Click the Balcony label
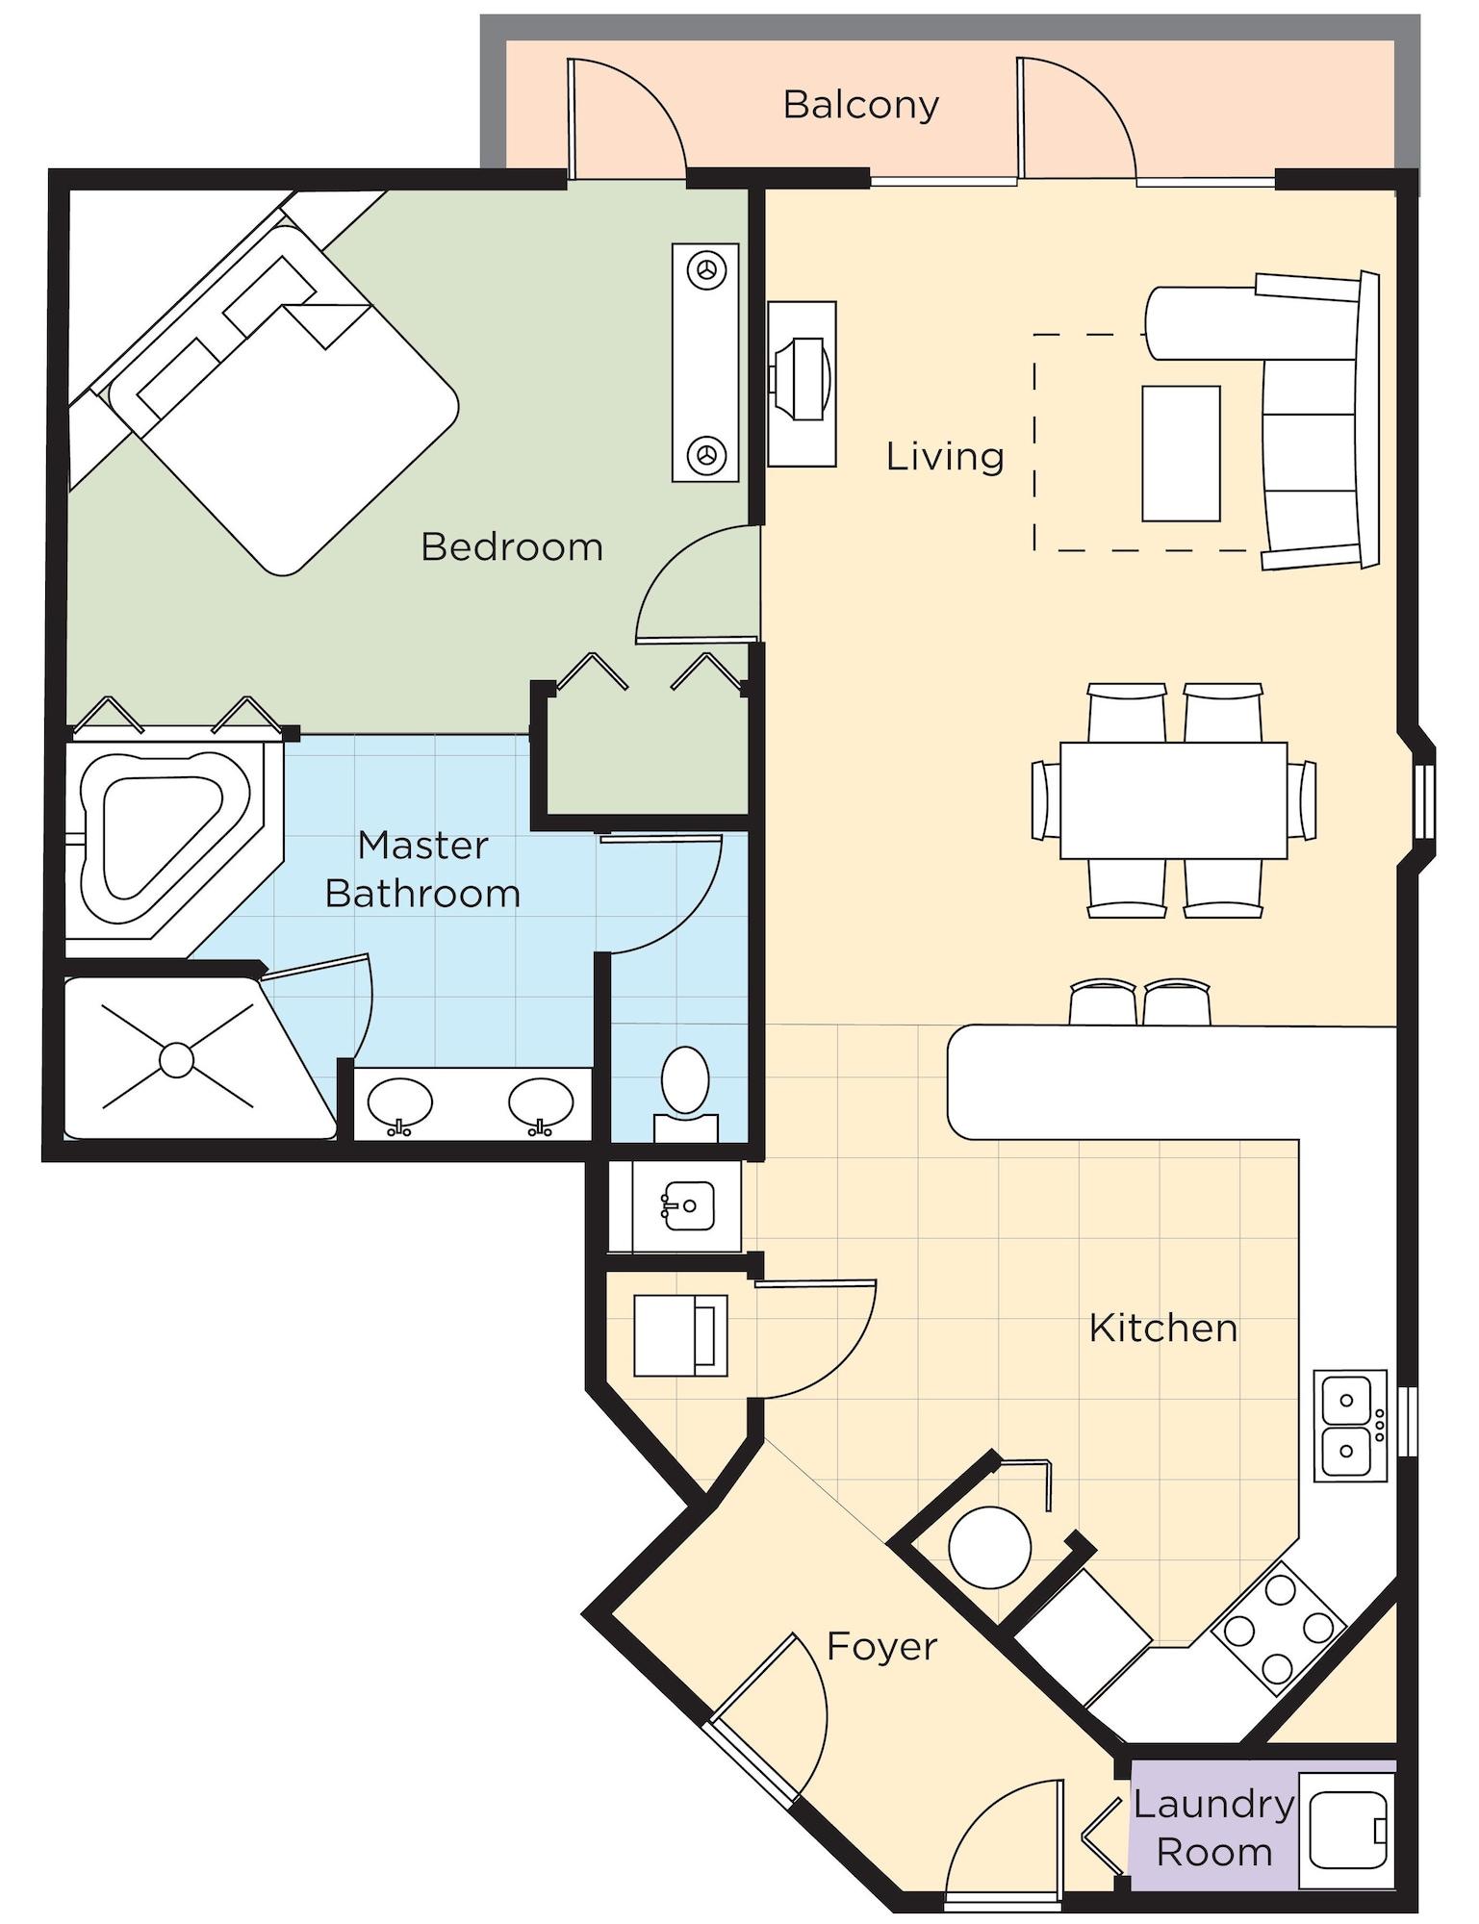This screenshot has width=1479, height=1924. click(x=860, y=104)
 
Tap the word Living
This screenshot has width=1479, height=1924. click(x=944, y=456)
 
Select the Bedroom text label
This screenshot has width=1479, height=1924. click(x=512, y=547)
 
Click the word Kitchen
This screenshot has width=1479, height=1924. click(x=1162, y=1328)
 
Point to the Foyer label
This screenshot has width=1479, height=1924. click(x=880, y=1646)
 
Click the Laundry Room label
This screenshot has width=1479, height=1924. click(x=1213, y=1827)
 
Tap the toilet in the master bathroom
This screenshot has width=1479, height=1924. click(x=685, y=1082)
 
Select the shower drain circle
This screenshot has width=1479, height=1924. click(x=177, y=1059)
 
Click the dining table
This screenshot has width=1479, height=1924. click(x=1173, y=799)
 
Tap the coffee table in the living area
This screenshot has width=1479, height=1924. click(x=1181, y=453)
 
